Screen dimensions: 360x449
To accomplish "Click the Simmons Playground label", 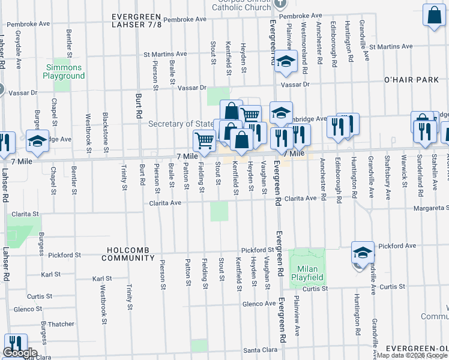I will pos(64,72).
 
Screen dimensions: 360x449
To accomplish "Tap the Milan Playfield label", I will pos(307,273).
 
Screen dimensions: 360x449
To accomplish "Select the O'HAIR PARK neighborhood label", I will pos(413,80).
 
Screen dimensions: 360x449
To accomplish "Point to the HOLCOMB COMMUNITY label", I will pos(128,253).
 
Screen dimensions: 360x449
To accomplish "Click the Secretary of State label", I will pos(181,124).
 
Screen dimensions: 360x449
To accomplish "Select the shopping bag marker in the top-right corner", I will pos(433,16).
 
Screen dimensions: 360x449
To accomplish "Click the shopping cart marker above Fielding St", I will pos(204,140).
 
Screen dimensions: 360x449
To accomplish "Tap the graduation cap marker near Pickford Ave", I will pos(363,253).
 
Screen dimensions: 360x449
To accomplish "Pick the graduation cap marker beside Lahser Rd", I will pos(37,140).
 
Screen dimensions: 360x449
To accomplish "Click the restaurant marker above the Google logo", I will pos(15,343).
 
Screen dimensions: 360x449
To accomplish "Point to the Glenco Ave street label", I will pos(259,304).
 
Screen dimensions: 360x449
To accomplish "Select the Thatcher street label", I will pos(61,324).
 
